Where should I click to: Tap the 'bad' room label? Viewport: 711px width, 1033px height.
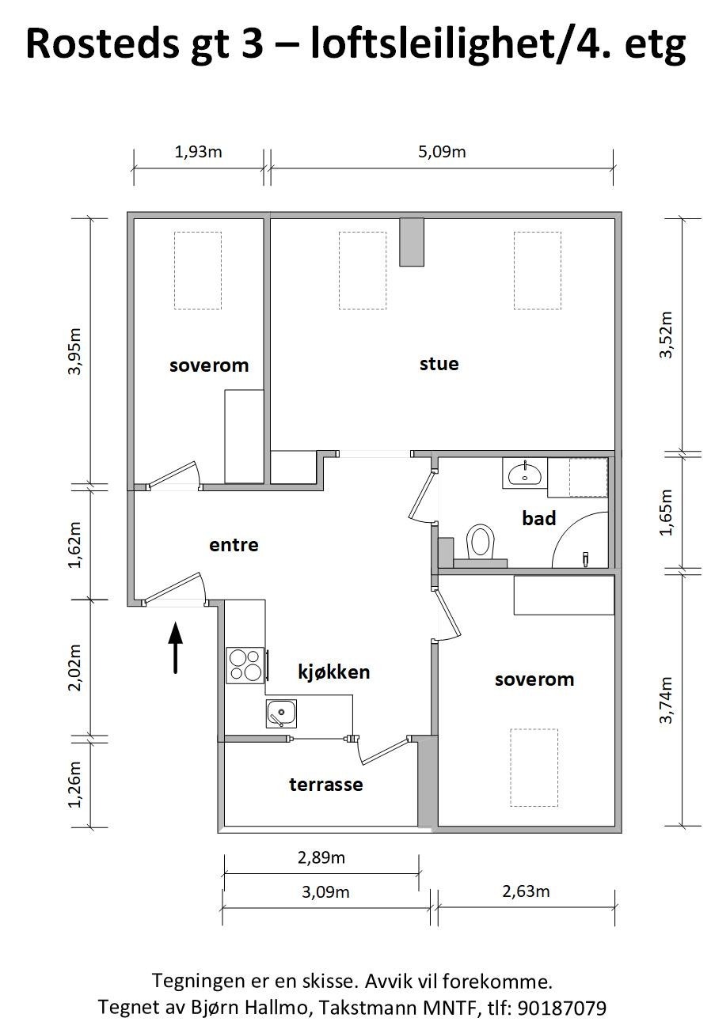click(538, 518)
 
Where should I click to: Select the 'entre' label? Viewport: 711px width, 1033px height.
click(234, 545)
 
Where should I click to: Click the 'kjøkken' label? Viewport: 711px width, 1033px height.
click(333, 672)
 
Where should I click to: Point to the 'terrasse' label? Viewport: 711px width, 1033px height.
click(325, 785)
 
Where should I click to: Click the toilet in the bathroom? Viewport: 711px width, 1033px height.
click(480, 542)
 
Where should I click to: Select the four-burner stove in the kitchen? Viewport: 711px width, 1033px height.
click(245, 664)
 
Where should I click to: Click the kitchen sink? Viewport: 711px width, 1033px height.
click(281, 713)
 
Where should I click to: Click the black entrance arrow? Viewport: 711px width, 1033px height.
click(175, 647)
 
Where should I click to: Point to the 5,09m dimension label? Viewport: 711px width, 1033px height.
click(442, 151)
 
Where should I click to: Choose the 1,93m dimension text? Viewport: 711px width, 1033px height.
click(198, 151)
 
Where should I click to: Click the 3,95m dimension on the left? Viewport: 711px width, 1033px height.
click(76, 351)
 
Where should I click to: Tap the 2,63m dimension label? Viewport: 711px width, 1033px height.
click(526, 891)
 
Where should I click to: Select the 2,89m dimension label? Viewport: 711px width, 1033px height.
click(321, 857)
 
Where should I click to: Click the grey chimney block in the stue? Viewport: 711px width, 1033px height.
click(412, 242)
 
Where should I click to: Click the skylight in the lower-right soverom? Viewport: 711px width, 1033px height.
click(534, 767)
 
